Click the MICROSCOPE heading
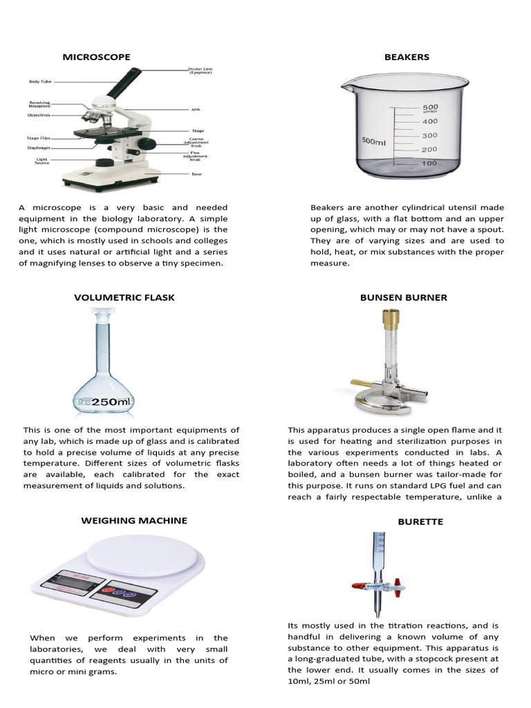coord(96,57)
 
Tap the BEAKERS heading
coord(407,57)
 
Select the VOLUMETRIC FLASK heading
coord(124,297)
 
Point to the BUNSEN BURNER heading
coord(403,297)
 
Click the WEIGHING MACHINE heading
coord(134,520)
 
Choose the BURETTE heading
coord(420,521)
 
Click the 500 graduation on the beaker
coord(430,108)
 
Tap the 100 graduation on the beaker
coord(429,163)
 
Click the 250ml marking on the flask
coord(110,402)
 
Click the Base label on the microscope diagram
coord(197,174)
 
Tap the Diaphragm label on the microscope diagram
coord(38,147)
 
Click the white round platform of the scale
coord(146,554)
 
